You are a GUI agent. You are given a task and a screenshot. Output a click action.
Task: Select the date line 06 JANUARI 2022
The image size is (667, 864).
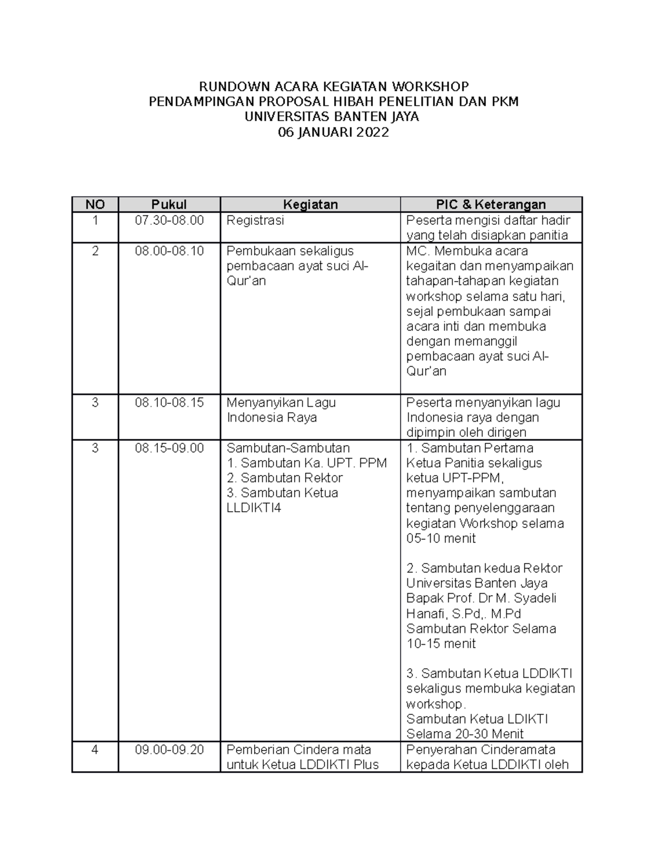pos(333,132)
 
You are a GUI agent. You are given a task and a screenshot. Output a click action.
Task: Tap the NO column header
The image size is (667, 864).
pos(95,204)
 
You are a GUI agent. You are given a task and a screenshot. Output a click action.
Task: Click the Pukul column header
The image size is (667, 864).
pos(169,204)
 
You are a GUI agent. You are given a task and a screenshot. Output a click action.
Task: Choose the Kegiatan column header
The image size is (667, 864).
pos(310,204)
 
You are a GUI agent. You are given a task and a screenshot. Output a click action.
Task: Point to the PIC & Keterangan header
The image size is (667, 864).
pos(491,204)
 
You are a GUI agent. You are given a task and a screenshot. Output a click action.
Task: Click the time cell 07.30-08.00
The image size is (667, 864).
pos(169,220)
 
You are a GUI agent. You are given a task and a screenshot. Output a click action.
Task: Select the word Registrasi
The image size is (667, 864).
pos(255,220)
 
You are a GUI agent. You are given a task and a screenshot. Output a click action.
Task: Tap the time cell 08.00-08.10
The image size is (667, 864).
pos(169,251)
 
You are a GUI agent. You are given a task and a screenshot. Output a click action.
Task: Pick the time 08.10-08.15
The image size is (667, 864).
pos(169,402)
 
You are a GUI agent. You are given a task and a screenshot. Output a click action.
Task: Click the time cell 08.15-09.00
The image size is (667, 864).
pos(169,448)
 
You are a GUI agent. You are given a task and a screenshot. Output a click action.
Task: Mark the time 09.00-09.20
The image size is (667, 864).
pos(169,749)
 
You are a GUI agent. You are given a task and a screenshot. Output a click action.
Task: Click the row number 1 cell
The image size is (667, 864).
pos(95,220)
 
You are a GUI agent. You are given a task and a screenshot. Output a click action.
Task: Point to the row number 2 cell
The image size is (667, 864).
pos(95,251)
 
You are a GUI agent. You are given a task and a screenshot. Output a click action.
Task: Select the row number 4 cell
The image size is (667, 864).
pos(95,749)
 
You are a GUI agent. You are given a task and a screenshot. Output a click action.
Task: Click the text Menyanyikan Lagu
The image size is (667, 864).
pos(281,402)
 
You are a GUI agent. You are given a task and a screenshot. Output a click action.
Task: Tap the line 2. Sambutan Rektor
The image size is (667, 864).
pos(285,478)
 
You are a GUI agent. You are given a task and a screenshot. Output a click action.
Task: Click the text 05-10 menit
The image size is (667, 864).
pos(441,539)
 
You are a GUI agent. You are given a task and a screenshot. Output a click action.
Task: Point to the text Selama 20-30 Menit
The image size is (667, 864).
pos(465,734)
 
